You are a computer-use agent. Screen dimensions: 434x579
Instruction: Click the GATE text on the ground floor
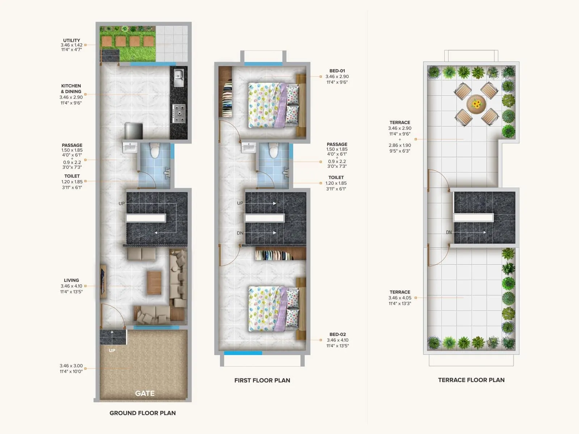click(x=145, y=393)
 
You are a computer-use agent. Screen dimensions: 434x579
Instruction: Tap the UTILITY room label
click(x=72, y=41)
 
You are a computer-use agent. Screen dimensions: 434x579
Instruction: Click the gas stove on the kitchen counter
click(x=178, y=114)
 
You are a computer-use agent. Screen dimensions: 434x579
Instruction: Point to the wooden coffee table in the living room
click(x=154, y=282)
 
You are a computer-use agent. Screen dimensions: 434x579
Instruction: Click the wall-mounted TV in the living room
click(x=103, y=281)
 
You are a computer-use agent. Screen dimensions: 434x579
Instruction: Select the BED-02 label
click(x=338, y=335)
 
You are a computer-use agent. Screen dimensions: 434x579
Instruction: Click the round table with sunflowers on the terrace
click(x=476, y=104)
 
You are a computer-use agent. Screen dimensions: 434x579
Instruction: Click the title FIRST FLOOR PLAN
click(x=262, y=380)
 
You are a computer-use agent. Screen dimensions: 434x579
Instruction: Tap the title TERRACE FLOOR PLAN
click(x=471, y=380)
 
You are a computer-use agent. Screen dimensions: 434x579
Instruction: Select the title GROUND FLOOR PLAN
click(x=143, y=413)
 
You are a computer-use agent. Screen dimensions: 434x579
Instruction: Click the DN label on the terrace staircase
click(x=449, y=232)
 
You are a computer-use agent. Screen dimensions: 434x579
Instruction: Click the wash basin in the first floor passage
click(x=249, y=148)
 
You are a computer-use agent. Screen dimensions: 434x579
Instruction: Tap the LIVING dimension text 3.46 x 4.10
click(x=71, y=286)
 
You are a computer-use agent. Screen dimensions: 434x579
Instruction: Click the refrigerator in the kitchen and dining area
click(x=134, y=131)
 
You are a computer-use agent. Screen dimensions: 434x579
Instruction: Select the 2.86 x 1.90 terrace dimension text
click(x=400, y=145)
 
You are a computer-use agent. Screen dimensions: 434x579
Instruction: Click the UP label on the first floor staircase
click(x=240, y=203)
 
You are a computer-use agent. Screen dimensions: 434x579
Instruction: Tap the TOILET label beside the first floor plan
click(x=336, y=177)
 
